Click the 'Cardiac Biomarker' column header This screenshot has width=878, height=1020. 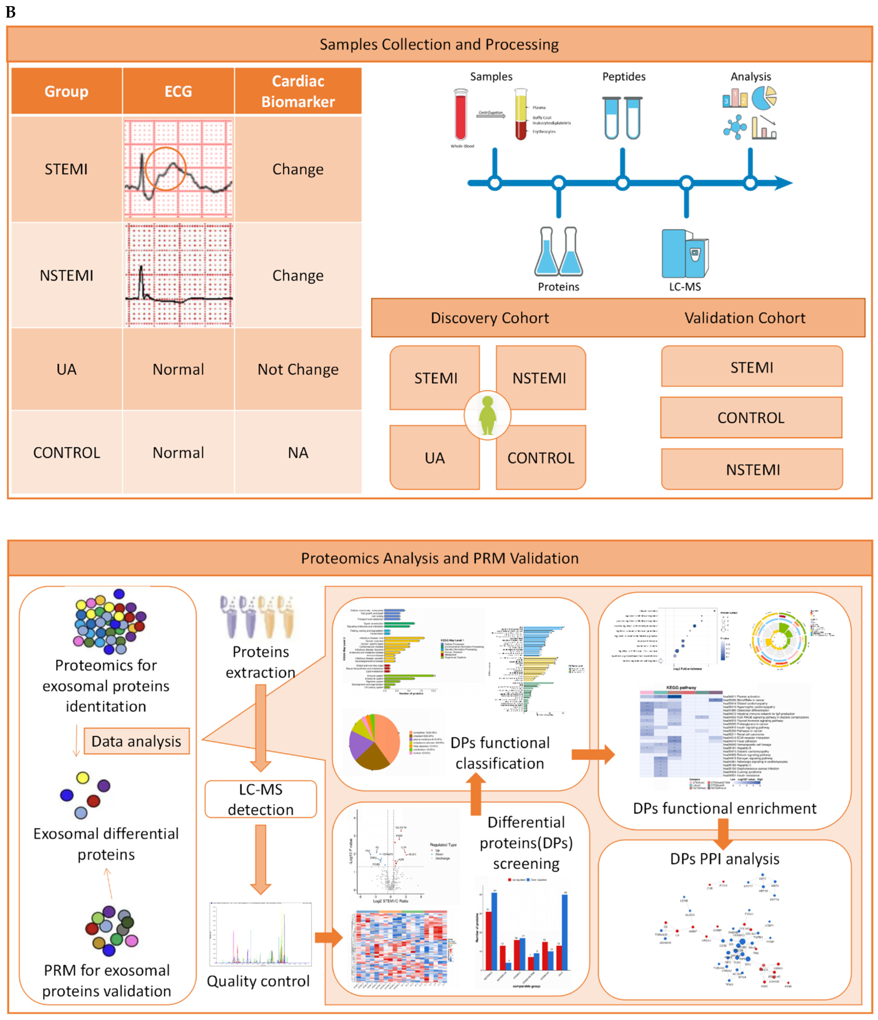298,91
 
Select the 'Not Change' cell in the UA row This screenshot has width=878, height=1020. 298,369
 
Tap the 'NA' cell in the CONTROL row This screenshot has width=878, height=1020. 298,452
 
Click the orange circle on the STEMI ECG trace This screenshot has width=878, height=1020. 165,168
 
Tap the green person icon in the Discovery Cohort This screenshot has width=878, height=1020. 488,416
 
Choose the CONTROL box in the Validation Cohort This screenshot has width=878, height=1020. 751,417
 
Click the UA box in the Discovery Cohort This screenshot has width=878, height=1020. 434,458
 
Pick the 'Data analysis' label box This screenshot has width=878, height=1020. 136,741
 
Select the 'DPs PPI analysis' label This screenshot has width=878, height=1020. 724,859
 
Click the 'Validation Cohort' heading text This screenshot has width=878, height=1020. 745,317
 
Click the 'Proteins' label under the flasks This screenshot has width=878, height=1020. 558,287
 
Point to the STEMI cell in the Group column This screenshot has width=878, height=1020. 66,169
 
